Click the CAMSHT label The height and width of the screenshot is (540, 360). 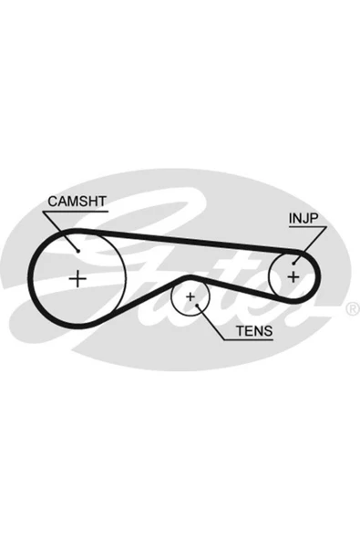(x=77, y=202)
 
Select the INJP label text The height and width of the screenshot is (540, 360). (x=303, y=218)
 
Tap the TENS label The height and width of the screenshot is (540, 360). (x=254, y=331)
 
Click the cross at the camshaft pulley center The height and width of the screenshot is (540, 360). (x=77, y=278)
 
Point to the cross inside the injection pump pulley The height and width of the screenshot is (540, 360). (x=293, y=277)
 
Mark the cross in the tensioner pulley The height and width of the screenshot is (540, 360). (x=190, y=296)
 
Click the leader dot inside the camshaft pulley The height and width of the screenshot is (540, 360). (x=78, y=251)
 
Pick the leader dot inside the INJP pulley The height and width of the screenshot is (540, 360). (x=293, y=264)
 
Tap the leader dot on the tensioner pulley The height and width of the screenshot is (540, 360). (x=197, y=306)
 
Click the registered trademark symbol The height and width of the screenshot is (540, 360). (x=352, y=309)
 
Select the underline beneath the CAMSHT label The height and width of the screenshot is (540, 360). (x=76, y=211)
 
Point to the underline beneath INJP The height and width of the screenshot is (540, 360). (x=307, y=227)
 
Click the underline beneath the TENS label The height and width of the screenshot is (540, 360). (x=249, y=340)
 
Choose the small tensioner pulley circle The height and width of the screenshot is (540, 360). (x=171, y=296)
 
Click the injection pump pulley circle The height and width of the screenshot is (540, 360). (x=269, y=277)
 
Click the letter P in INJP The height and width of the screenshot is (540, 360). (x=314, y=218)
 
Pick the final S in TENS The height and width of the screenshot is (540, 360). (x=268, y=331)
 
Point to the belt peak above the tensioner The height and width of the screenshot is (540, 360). (x=189, y=276)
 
